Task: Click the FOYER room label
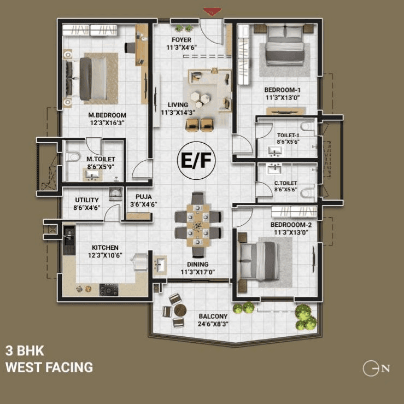point(181,40)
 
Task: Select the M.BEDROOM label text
point(107,115)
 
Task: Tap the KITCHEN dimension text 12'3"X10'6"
point(105,255)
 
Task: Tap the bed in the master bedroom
point(92,79)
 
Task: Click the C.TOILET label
point(285,183)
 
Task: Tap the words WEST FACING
point(49,367)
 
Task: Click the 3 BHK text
point(24,350)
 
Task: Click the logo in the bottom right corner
point(376,368)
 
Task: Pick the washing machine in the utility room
point(115,194)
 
